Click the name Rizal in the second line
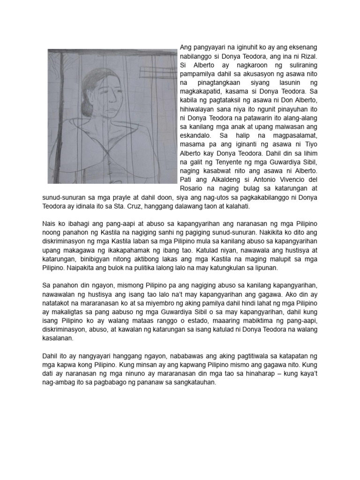(308, 55)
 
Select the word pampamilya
(199, 73)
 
